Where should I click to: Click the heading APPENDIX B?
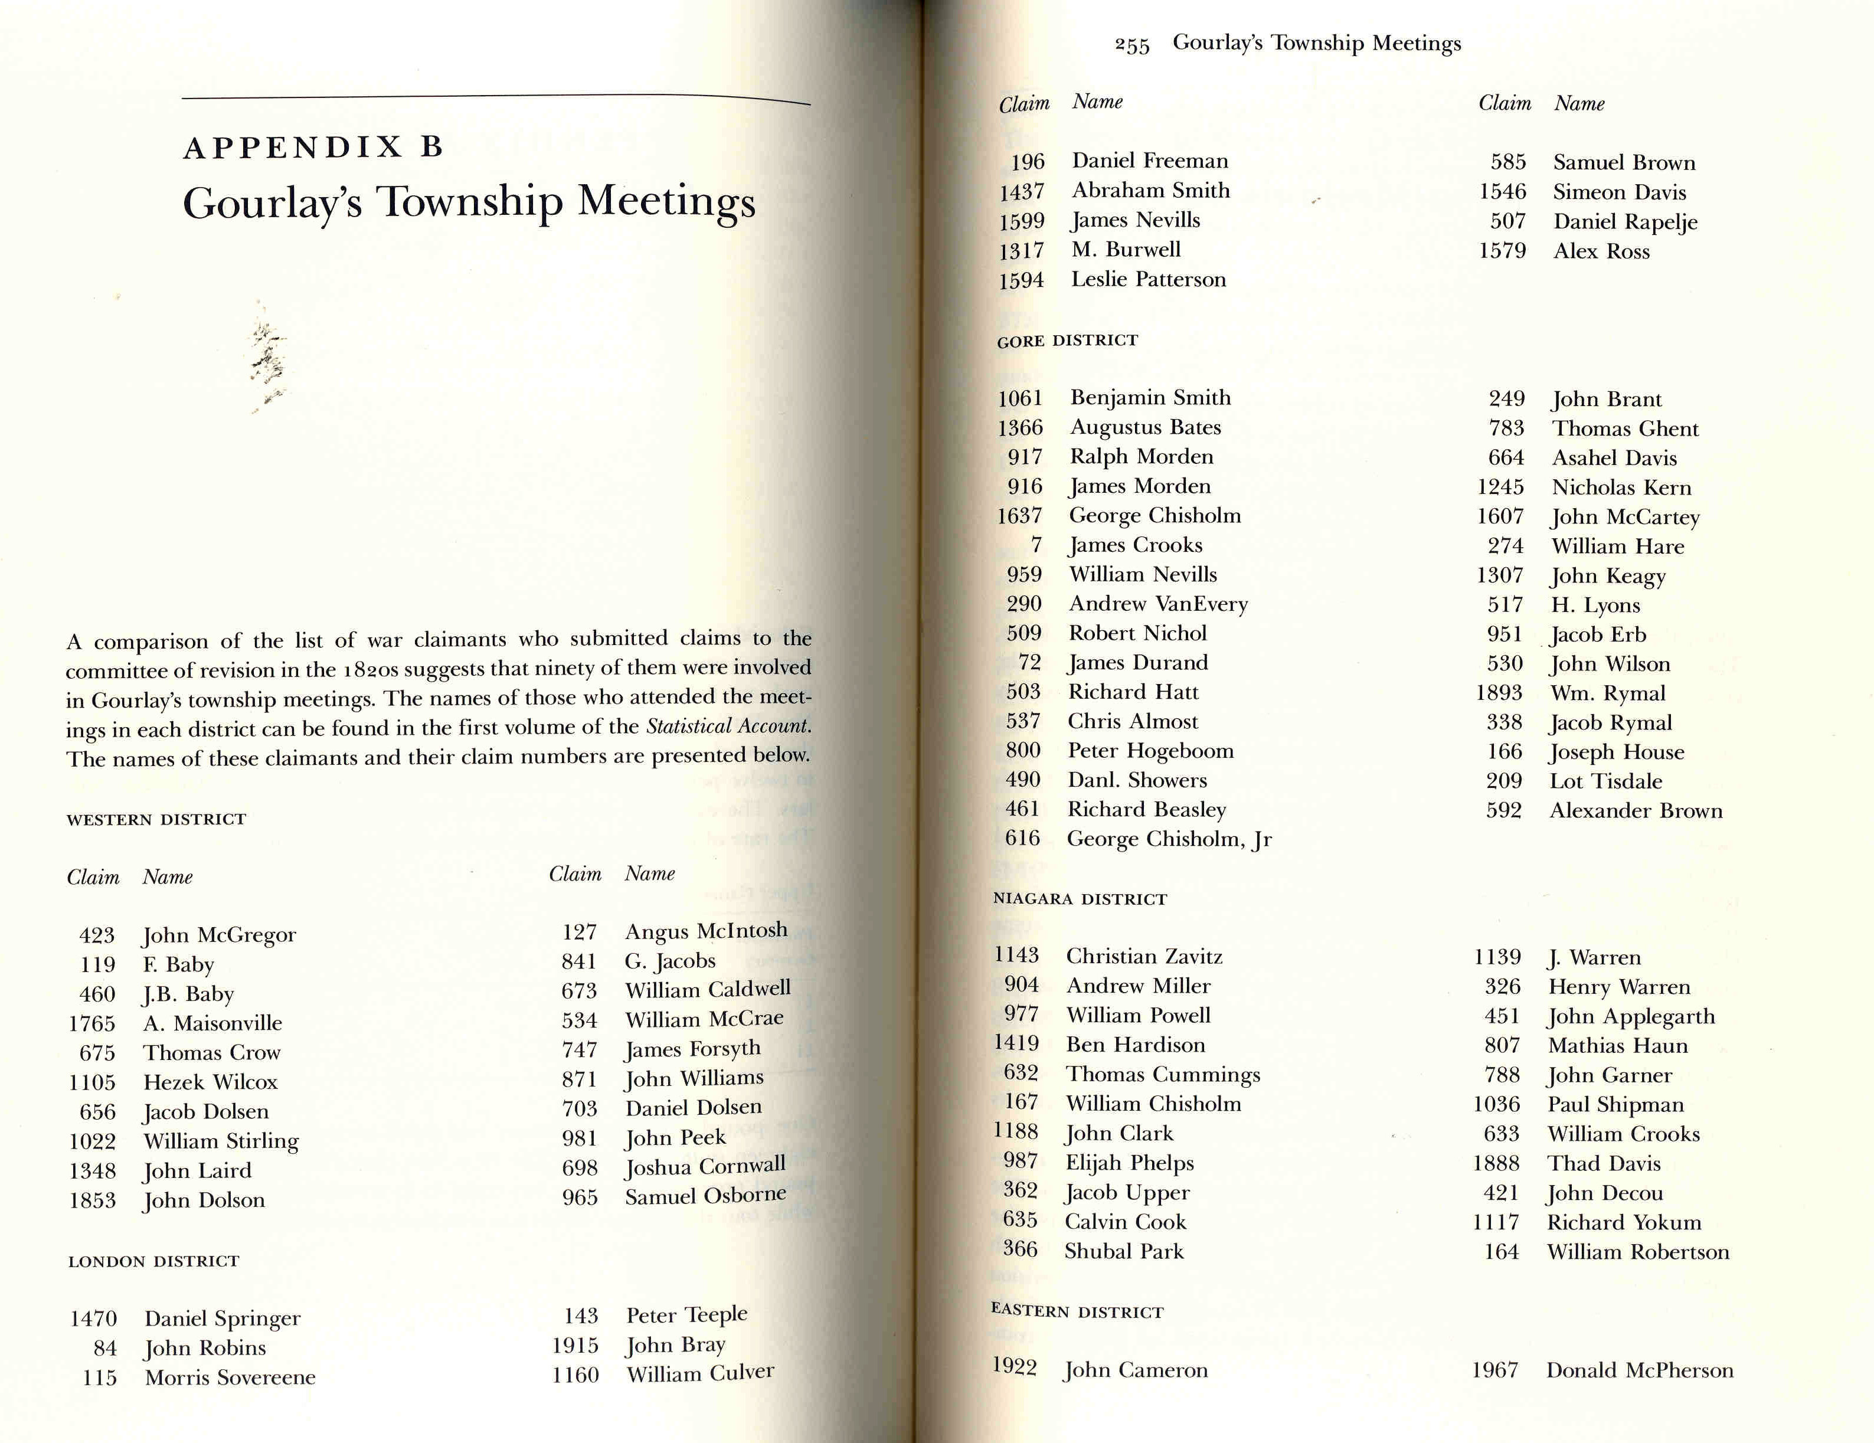(313, 148)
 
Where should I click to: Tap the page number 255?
(1132, 45)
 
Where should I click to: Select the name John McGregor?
(219, 934)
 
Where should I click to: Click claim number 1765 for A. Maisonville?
(92, 1023)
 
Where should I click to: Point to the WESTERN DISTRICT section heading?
(156, 819)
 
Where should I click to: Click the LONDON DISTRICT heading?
(153, 1261)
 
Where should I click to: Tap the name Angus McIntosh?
(705, 931)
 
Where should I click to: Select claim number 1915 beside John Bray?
(575, 1345)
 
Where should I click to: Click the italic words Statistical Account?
(728, 727)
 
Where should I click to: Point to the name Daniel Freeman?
(1150, 161)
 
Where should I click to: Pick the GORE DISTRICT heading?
(1067, 341)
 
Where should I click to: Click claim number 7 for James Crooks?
(1036, 545)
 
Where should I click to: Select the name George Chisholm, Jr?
(1169, 839)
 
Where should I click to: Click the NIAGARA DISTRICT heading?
(1080, 899)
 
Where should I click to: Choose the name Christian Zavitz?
(1144, 957)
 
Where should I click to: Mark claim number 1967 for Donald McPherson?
(1494, 1370)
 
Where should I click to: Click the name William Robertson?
(1638, 1252)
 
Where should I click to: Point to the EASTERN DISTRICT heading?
(1077, 1312)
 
